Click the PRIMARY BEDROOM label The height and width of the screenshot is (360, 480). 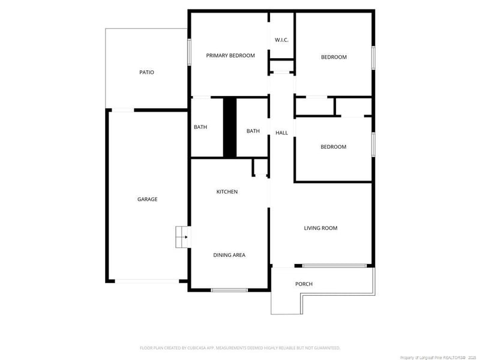[230, 56]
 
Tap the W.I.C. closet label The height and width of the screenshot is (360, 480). [282, 40]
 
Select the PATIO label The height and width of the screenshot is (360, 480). [146, 73]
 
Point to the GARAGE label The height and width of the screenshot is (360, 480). [147, 199]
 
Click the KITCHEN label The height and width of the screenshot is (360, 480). [227, 192]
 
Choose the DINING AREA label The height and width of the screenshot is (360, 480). [229, 255]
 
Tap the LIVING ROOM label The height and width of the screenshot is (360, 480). [320, 228]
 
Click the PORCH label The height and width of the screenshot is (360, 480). [304, 284]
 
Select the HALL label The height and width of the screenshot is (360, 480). [281, 133]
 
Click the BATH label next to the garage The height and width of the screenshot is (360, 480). [200, 127]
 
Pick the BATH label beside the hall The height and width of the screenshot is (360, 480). [253, 131]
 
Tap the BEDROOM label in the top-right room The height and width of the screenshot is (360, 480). [334, 58]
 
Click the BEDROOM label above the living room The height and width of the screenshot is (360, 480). [333, 147]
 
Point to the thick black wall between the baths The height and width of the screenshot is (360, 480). [230, 127]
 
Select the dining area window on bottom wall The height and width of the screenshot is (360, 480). [229, 290]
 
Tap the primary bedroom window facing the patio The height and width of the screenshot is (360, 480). [190, 53]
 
